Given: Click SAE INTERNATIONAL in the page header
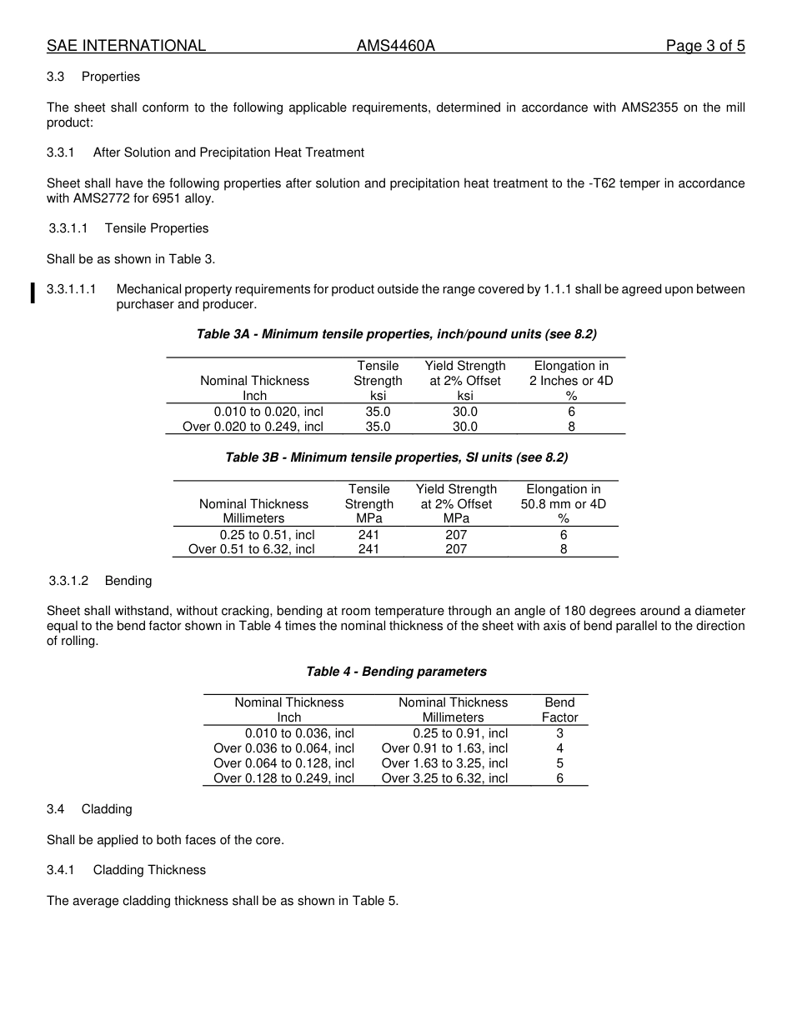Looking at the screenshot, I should [126, 46].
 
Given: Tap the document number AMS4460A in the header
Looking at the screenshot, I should [396, 46].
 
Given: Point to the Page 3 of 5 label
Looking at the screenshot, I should [704, 46].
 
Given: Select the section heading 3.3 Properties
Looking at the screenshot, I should [93, 77].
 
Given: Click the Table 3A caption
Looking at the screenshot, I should [396, 334].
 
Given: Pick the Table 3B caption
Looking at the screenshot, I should [396, 457].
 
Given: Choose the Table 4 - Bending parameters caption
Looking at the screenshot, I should [396, 672].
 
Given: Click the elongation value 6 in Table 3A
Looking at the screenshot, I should [571, 412].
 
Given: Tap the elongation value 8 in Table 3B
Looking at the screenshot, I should [564, 549].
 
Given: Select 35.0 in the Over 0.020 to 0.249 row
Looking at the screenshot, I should [378, 427].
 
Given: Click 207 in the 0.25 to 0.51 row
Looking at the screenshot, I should [456, 535].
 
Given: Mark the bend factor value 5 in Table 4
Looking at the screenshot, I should [559, 763].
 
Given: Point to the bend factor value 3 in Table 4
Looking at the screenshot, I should [559, 733].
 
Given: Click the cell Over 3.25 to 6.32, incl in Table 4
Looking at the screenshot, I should [444, 778].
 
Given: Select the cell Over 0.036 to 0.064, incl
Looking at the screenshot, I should [283, 748].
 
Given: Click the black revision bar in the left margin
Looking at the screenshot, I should [33, 293].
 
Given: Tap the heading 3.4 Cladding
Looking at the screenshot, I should [89, 809].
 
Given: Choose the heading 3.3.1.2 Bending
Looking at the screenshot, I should [99, 580].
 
